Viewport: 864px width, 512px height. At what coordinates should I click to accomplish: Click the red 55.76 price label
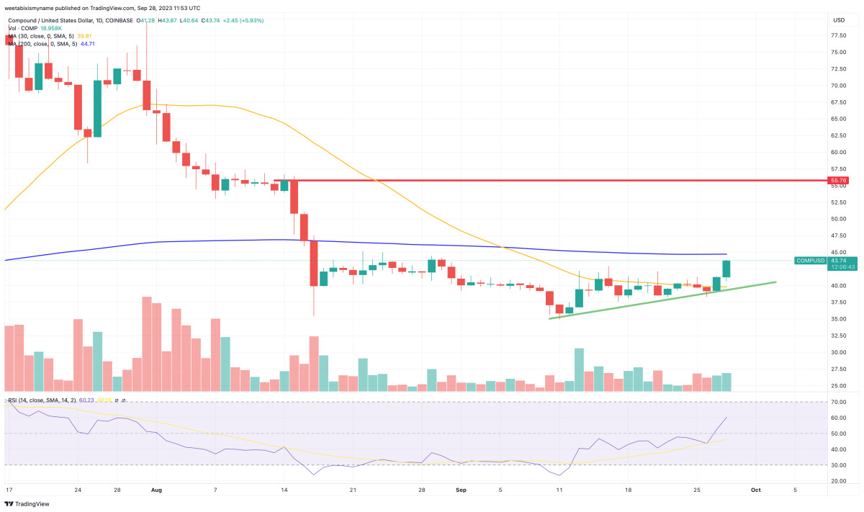[x=838, y=180]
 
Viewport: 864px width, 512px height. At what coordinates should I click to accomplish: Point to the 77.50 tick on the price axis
[x=838, y=35]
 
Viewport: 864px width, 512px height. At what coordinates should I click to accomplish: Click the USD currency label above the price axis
[x=838, y=19]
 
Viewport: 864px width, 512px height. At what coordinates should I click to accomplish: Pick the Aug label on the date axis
[x=157, y=490]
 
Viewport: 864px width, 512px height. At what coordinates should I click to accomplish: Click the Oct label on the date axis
[x=755, y=490]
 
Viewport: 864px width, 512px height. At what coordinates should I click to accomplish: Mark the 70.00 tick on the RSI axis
[x=838, y=402]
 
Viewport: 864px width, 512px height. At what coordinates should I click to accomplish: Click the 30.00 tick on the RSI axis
[x=838, y=464]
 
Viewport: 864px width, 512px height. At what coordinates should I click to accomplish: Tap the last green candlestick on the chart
[x=726, y=269]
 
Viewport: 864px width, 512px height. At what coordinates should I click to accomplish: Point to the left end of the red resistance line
[x=275, y=180]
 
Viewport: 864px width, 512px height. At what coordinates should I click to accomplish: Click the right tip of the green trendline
[x=775, y=282]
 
